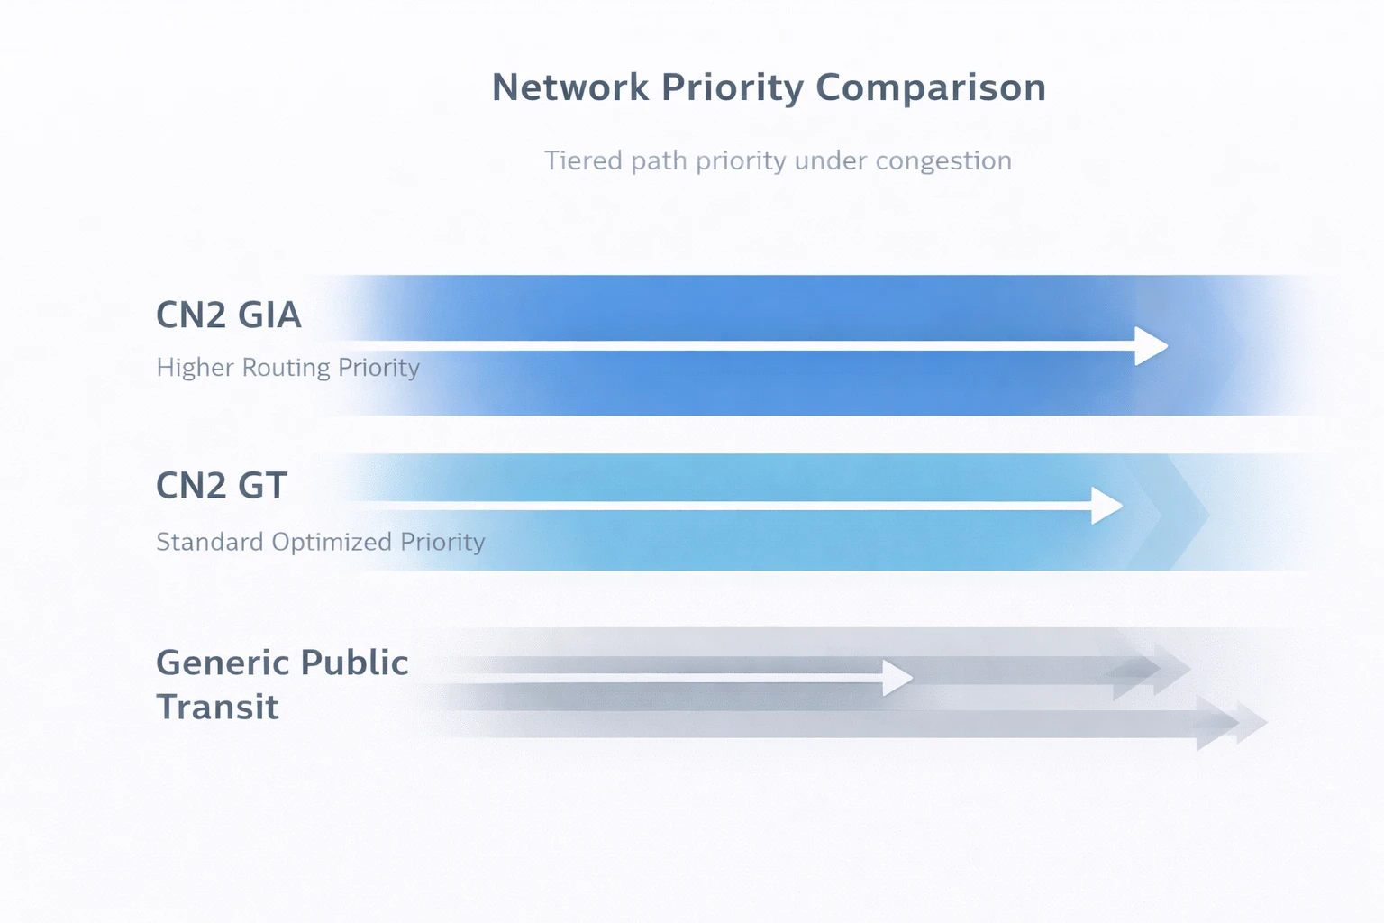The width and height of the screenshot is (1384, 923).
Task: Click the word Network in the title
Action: tap(569, 88)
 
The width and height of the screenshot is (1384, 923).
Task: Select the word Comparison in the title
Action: tap(931, 88)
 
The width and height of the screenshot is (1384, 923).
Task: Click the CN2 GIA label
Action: tap(228, 315)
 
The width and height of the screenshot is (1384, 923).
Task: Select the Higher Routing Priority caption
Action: tap(287, 368)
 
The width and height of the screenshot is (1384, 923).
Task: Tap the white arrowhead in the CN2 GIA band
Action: tap(1151, 346)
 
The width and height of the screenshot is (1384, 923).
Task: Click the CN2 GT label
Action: tap(221, 487)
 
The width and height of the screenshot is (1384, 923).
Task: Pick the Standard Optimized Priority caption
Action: tap(320, 542)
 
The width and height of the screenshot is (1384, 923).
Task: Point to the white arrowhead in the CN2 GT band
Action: tap(1106, 506)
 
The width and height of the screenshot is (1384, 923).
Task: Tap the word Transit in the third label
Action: tap(217, 708)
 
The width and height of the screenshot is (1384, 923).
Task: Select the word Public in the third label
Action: tap(354, 663)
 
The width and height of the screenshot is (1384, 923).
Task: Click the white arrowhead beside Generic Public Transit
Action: tap(897, 678)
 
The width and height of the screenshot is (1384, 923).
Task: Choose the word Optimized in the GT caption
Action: tap(332, 542)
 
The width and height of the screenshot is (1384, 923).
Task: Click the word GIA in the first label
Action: tap(269, 315)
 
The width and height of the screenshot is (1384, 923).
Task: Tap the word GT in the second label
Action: tap(262, 487)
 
